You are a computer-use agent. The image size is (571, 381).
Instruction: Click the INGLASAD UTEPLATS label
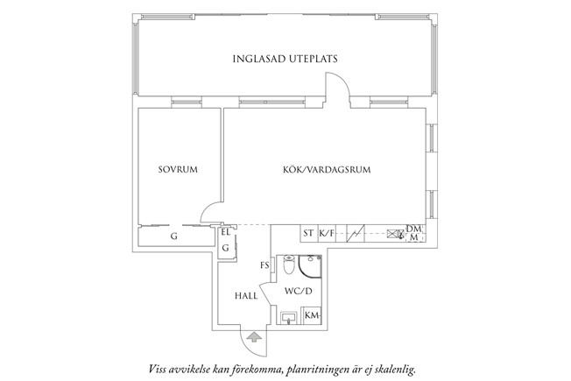pos(285,59)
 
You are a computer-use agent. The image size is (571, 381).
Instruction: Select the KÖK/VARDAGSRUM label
pos(327,170)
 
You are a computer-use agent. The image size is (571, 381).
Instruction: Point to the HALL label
pos(246,296)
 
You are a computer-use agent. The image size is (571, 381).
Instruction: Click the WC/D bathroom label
pos(299,292)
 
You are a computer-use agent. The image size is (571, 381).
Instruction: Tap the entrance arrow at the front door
pos(254,337)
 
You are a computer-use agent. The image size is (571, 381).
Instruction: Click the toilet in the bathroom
pos(288,265)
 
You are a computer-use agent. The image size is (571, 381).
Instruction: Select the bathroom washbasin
pos(290,318)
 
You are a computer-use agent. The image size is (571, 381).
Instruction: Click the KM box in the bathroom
pos(312,315)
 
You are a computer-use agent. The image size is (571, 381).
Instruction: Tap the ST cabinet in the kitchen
pos(309,233)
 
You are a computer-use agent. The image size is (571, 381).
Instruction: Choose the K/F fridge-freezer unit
pos(327,233)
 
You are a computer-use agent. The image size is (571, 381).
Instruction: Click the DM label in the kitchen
pos(413,229)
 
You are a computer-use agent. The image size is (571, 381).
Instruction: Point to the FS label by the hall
pos(264,265)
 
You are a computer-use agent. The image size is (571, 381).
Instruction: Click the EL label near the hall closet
pos(225,232)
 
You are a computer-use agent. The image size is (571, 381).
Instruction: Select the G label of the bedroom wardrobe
pos(174,236)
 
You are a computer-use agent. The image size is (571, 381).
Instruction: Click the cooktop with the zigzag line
pos(356,234)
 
